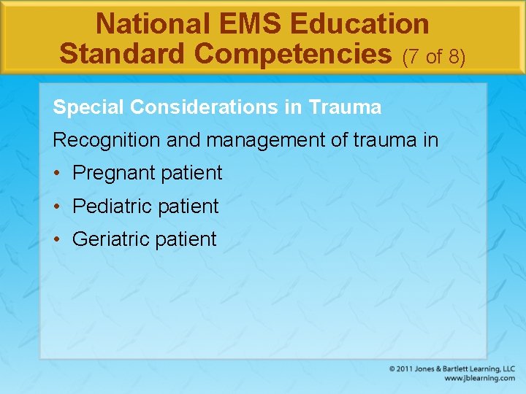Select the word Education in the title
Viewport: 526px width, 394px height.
click(359, 24)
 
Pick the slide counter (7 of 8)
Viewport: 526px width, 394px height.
click(434, 55)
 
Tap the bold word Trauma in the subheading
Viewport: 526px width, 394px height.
click(346, 108)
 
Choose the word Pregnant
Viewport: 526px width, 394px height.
click(113, 174)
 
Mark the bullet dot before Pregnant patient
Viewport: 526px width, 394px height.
click(58, 174)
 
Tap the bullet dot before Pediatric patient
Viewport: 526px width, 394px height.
click(58, 206)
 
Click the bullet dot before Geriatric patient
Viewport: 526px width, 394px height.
click(58, 239)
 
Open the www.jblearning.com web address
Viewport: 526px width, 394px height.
click(479, 379)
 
